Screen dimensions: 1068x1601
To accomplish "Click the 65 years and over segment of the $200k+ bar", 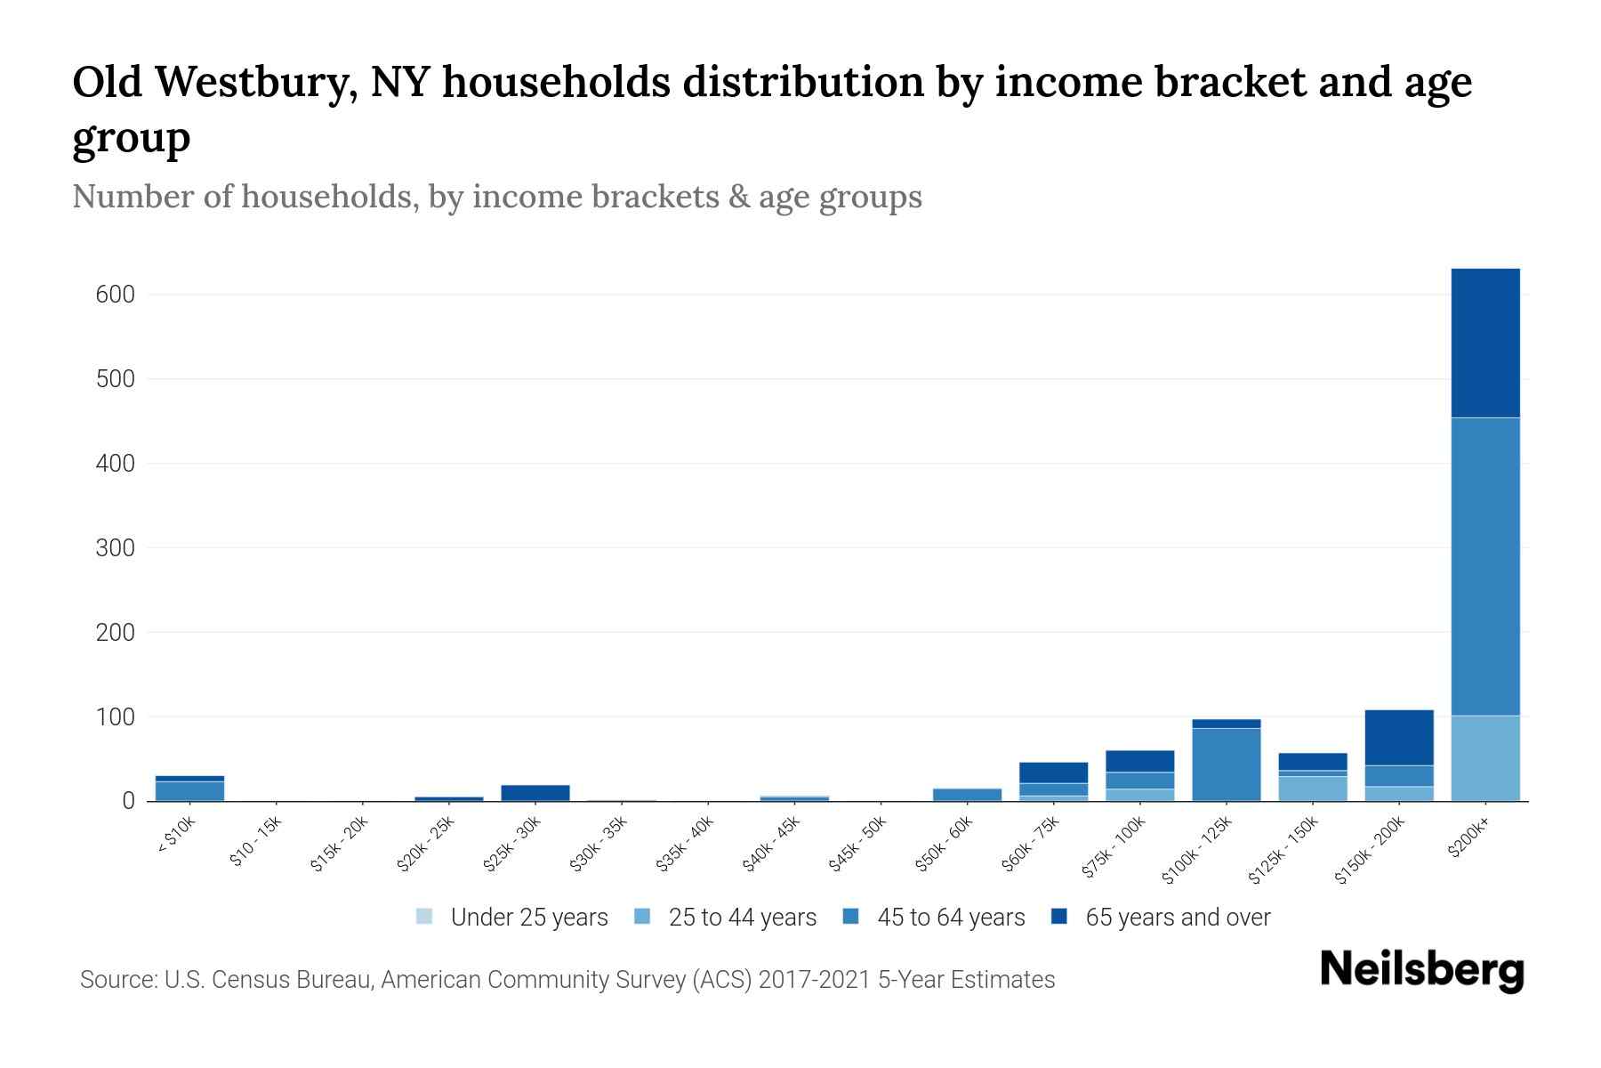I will tap(1484, 343).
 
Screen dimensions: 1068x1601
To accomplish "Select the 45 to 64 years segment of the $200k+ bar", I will tap(1484, 566).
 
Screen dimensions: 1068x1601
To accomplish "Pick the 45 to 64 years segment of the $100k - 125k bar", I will tap(1226, 764).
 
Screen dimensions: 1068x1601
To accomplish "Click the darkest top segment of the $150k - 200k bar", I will tap(1398, 737).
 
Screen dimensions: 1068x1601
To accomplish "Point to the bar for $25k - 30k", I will tap(535, 792).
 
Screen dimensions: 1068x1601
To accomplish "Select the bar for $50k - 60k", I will tap(967, 794).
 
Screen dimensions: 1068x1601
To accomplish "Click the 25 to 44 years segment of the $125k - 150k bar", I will tap(1312, 789).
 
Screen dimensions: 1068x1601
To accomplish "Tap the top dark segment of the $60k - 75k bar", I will tap(1053, 772).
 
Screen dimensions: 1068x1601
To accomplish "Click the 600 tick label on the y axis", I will tap(115, 295).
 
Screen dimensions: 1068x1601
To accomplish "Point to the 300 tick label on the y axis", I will tap(115, 548).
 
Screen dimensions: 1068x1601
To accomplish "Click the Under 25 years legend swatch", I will tap(425, 917).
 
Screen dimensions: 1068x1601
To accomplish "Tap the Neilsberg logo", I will tap(1421, 970).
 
